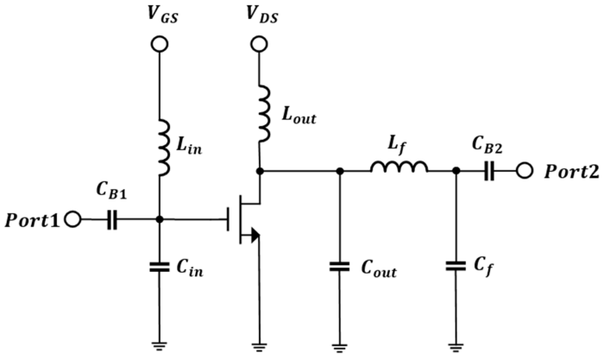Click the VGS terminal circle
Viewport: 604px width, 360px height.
pyautogui.click(x=159, y=44)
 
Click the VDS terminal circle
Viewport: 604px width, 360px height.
pyautogui.click(x=260, y=44)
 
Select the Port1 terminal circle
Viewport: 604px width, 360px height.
pyautogui.click(x=72, y=220)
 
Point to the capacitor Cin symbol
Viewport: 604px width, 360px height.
pyautogui.click(x=159, y=268)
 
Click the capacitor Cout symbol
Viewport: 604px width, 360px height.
pyautogui.click(x=339, y=268)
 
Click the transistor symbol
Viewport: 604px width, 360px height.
pyautogui.click(x=246, y=220)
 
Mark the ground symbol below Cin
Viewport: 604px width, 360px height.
pyautogui.click(x=159, y=344)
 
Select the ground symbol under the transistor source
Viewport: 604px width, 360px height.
pyautogui.click(x=260, y=344)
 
